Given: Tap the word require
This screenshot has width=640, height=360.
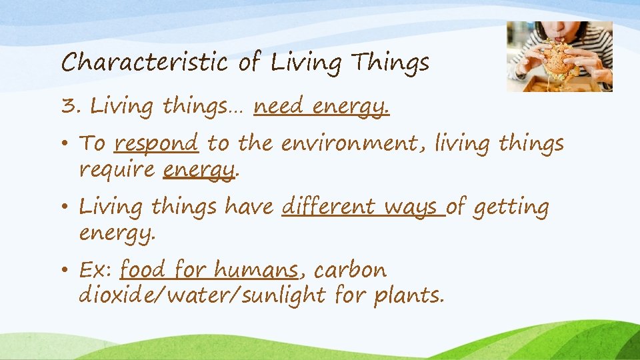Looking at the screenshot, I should [x=117, y=171].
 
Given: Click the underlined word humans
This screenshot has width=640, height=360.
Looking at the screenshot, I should [x=256, y=271].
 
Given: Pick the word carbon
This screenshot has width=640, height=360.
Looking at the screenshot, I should [x=350, y=271].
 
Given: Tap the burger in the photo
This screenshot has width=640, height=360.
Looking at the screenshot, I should [x=556, y=60].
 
